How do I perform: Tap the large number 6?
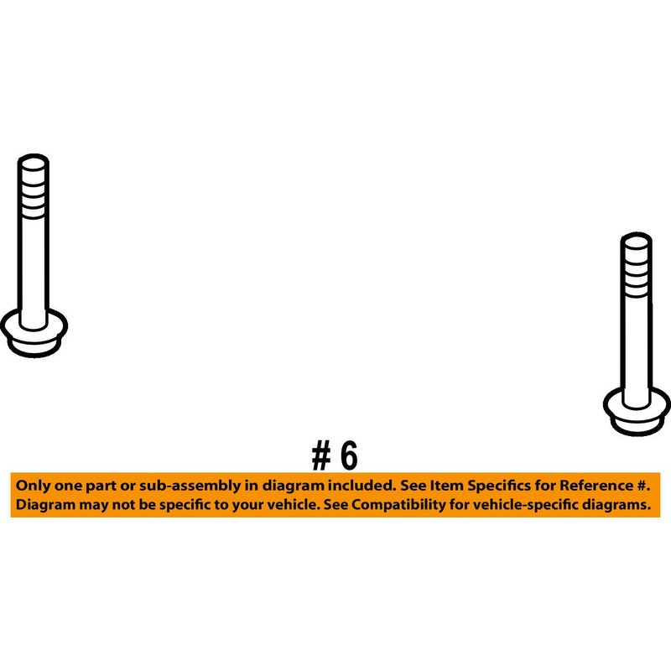(349, 455)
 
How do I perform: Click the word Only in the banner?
(33, 486)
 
